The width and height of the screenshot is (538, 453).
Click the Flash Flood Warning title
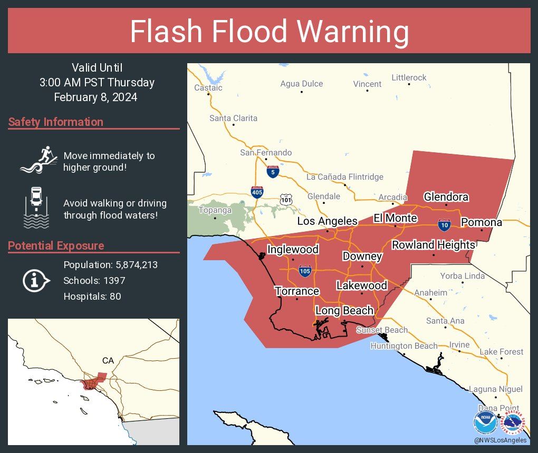coord(269,32)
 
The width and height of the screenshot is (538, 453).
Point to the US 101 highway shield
coord(286,200)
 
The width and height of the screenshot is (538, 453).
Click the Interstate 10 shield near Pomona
coord(444,225)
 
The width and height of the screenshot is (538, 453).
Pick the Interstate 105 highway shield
coord(304,271)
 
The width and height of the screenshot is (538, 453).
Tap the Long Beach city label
coord(344,311)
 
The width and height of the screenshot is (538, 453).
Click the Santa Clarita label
coord(233,118)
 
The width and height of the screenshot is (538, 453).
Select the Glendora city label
coord(446,197)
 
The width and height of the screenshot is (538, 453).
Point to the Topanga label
coord(215,210)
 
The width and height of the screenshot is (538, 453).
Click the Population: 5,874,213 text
coord(110,264)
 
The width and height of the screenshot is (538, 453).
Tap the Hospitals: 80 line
coord(92,297)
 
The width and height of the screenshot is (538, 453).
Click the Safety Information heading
coord(56,122)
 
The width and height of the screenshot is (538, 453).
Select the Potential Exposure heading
coord(56,246)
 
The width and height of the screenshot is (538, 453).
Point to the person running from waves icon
coord(39,159)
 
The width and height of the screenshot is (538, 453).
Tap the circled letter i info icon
coord(35,281)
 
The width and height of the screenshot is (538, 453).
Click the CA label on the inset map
coord(108,361)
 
